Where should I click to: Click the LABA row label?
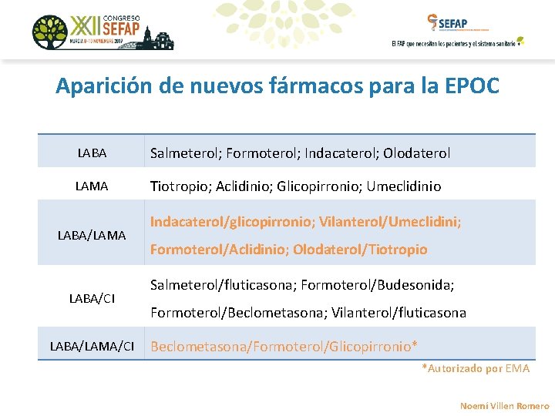92,153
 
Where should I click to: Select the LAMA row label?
92,186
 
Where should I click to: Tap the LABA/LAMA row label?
92,235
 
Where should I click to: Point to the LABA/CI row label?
92,298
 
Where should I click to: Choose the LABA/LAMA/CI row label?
92,347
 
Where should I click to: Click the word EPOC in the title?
472,86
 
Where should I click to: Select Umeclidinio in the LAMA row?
404,186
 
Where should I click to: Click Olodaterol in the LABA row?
416,153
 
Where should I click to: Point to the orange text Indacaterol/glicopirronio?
229,222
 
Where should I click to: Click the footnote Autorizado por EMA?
476,368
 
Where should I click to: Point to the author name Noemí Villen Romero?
504,405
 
